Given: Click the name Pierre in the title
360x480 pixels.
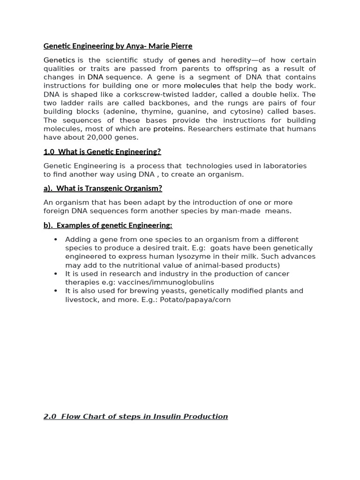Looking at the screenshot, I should [180, 46].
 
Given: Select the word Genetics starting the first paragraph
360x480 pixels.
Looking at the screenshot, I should [59, 60].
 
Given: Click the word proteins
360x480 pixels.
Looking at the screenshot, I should [168, 129].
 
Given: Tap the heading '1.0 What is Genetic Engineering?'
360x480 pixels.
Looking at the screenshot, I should [102, 152].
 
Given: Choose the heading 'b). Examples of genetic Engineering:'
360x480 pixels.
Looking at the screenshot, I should [108, 225].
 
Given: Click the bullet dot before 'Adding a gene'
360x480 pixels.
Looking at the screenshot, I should [56, 240].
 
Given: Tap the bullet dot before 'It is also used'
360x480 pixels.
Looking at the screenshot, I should [56, 291].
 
